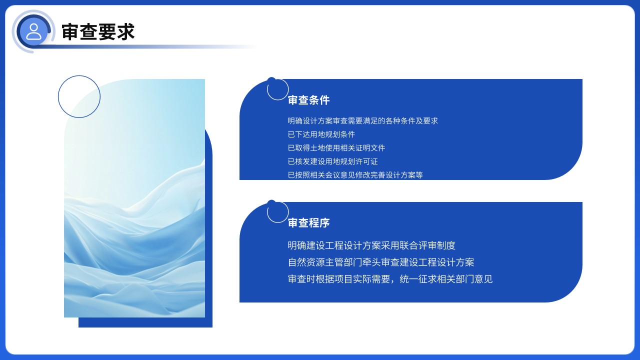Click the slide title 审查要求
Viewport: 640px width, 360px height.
click(x=98, y=32)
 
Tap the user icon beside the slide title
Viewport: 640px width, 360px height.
click(x=33, y=31)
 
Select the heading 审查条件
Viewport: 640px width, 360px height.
click(x=308, y=100)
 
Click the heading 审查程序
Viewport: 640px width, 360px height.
click(x=308, y=223)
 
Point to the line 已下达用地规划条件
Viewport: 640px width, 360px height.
click(x=321, y=134)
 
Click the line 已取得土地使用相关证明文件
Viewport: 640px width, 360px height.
click(x=336, y=148)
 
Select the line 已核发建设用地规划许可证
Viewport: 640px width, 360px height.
click(x=332, y=161)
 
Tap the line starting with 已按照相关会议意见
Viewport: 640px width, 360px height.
click(x=355, y=175)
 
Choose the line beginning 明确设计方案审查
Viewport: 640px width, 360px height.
click(x=362, y=121)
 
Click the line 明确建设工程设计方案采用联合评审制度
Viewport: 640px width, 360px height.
click(x=371, y=245)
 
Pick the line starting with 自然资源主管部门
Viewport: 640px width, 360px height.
click(x=380, y=262)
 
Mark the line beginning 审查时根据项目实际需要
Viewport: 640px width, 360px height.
click(x=390, y=279)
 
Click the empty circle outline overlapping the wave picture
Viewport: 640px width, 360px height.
click(x=79, y=96)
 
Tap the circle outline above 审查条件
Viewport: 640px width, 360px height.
click(x=277, y=89)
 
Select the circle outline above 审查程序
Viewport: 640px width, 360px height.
click(x=277, y=212)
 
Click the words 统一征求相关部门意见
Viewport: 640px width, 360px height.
click(x=446, y=279)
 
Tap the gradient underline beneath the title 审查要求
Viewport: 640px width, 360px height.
click(x=150, y=47)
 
